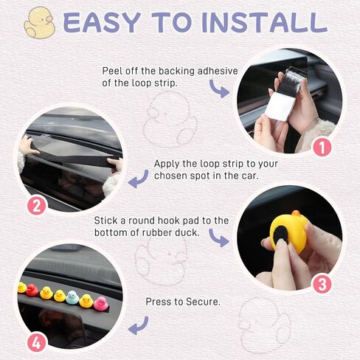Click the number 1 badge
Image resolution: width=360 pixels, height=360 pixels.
322,147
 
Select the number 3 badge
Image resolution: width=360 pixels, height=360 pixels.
322,284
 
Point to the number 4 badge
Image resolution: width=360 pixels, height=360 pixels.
37,342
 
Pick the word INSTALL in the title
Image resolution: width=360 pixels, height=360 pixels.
265,22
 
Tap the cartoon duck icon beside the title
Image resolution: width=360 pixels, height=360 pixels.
39,23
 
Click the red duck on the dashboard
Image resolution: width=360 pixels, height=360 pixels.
32,290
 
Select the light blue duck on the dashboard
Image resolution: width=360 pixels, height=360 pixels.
72,297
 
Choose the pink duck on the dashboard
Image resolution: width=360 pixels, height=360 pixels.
101,303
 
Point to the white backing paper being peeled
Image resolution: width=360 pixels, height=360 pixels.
280,106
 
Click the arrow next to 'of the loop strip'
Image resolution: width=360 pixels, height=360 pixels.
219,89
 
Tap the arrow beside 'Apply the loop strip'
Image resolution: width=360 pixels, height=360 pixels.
139,179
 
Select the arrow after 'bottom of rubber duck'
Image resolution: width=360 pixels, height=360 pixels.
219,238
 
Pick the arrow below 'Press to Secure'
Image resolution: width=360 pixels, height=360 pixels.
139,325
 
